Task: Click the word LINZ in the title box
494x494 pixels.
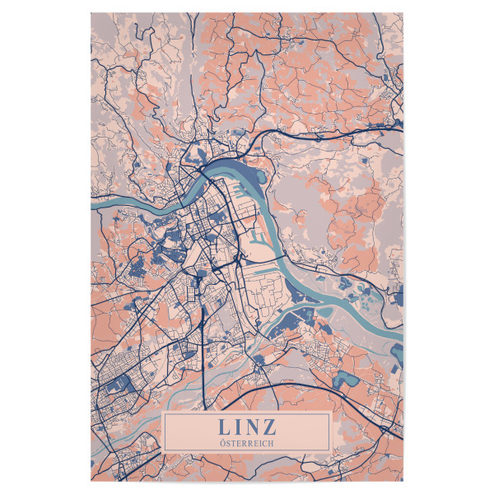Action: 247,428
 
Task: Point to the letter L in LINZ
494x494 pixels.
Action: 224,428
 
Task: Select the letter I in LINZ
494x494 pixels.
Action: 239,428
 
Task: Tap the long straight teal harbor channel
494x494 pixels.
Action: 267,222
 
